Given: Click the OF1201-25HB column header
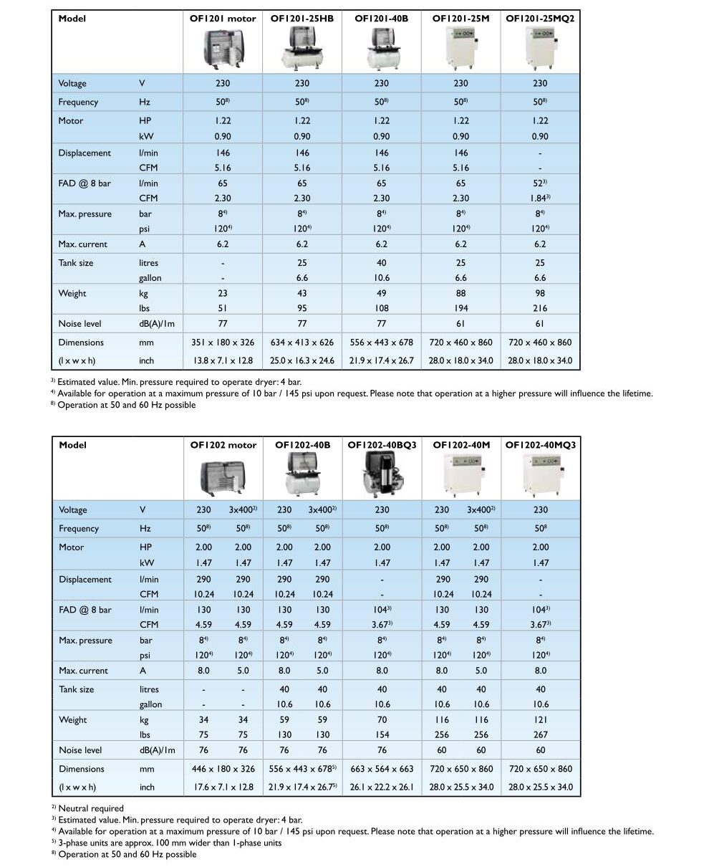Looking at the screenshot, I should click(x=302, y=19).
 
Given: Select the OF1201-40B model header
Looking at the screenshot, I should click(x=381, y=19).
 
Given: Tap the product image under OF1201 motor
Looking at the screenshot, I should click(x=223, y=49).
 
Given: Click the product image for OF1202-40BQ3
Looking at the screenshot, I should click(x=382, y=476).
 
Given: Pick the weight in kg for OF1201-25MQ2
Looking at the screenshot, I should click(x=540, y=293).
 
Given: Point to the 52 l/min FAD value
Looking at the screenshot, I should click(x=539, y=183).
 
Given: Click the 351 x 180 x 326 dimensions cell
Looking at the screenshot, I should click(x=223, y=343).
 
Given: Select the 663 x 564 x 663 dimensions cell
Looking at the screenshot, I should click(x=382, y=769).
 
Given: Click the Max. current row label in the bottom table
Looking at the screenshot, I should click(x=83, y=671).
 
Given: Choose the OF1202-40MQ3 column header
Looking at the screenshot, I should click(x=541, y=445).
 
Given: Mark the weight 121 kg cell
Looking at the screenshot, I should click(x=541, y=719).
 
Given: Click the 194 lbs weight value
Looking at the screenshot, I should click(x=460, y=308).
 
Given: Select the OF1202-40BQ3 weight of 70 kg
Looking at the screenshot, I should click(x=382, y=719).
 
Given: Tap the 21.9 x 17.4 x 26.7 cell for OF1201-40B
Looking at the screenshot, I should click(x=381, y=360).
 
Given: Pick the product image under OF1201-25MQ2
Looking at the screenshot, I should click(x=540, y=49).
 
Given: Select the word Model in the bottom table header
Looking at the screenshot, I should click(x=72, y=445).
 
